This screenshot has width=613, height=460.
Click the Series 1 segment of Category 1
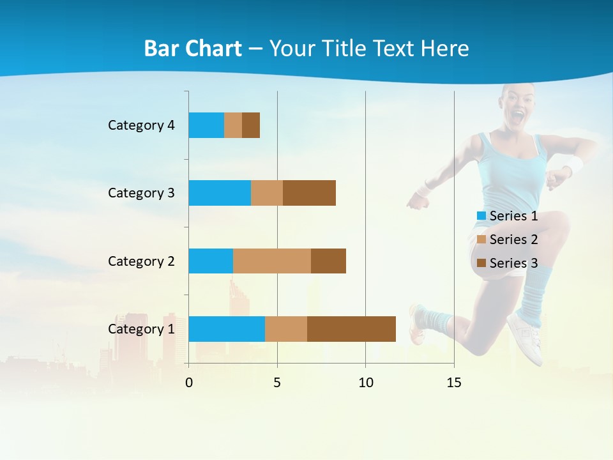point(227,328)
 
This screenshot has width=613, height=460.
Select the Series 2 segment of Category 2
point(272,261)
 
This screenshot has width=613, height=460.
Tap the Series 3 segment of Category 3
point(309,193)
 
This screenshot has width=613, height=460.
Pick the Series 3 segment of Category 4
point(251,125)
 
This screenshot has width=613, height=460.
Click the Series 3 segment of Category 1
point(351,328)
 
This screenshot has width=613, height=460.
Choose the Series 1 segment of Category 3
point(220,193)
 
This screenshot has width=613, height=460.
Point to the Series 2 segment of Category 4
point(233,125)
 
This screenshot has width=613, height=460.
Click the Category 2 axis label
point(141,261)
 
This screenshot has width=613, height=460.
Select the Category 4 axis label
point(141,125)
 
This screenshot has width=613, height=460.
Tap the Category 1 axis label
point(141,329)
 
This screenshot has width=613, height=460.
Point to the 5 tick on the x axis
point(277,383)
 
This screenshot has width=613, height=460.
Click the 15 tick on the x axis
point(454,383)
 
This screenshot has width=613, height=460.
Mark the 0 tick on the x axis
point(189,383)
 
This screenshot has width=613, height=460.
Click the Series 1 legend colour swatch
point(481,216)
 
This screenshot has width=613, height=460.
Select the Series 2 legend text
point(513,240)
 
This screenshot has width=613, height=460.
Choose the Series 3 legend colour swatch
point(481,263)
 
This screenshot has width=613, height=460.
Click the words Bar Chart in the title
point(193,49)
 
